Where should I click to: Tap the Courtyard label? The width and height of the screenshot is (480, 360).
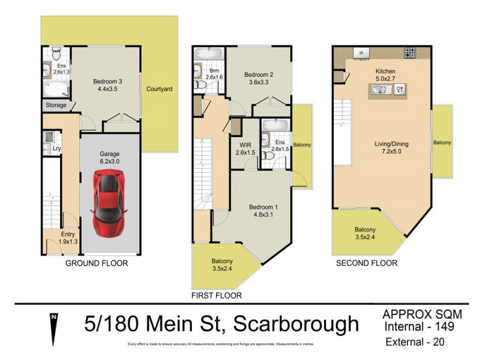click(159, 89)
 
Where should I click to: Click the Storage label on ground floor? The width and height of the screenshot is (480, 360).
click(56, 106)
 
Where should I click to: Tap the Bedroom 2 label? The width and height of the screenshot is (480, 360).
click(259, 79)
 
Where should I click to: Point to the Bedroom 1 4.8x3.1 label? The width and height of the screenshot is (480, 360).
click(261, 212)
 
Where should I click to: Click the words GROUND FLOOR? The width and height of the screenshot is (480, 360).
click(96, 263)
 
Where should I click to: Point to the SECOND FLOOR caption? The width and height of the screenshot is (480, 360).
click(366, 263)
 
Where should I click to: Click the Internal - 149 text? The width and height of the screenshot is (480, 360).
click(418, 327)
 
